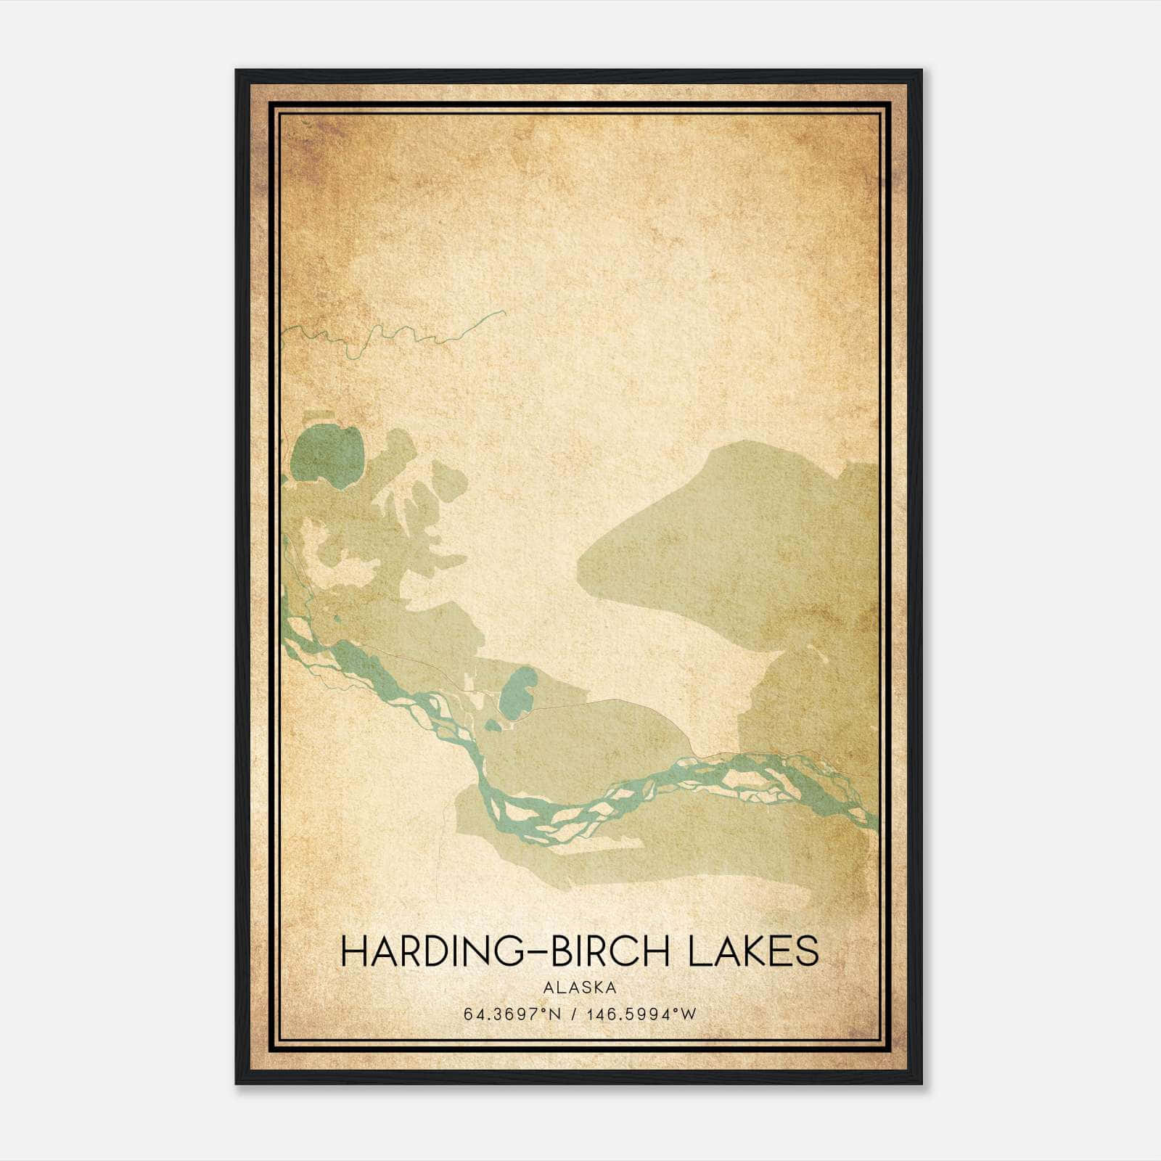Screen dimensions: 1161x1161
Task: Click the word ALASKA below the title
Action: coord(579,987)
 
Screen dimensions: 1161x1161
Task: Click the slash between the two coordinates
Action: coord(575,1014)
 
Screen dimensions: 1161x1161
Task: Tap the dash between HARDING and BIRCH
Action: coord(536,952)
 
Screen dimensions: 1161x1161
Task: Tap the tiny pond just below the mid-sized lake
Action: coord(493,724)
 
